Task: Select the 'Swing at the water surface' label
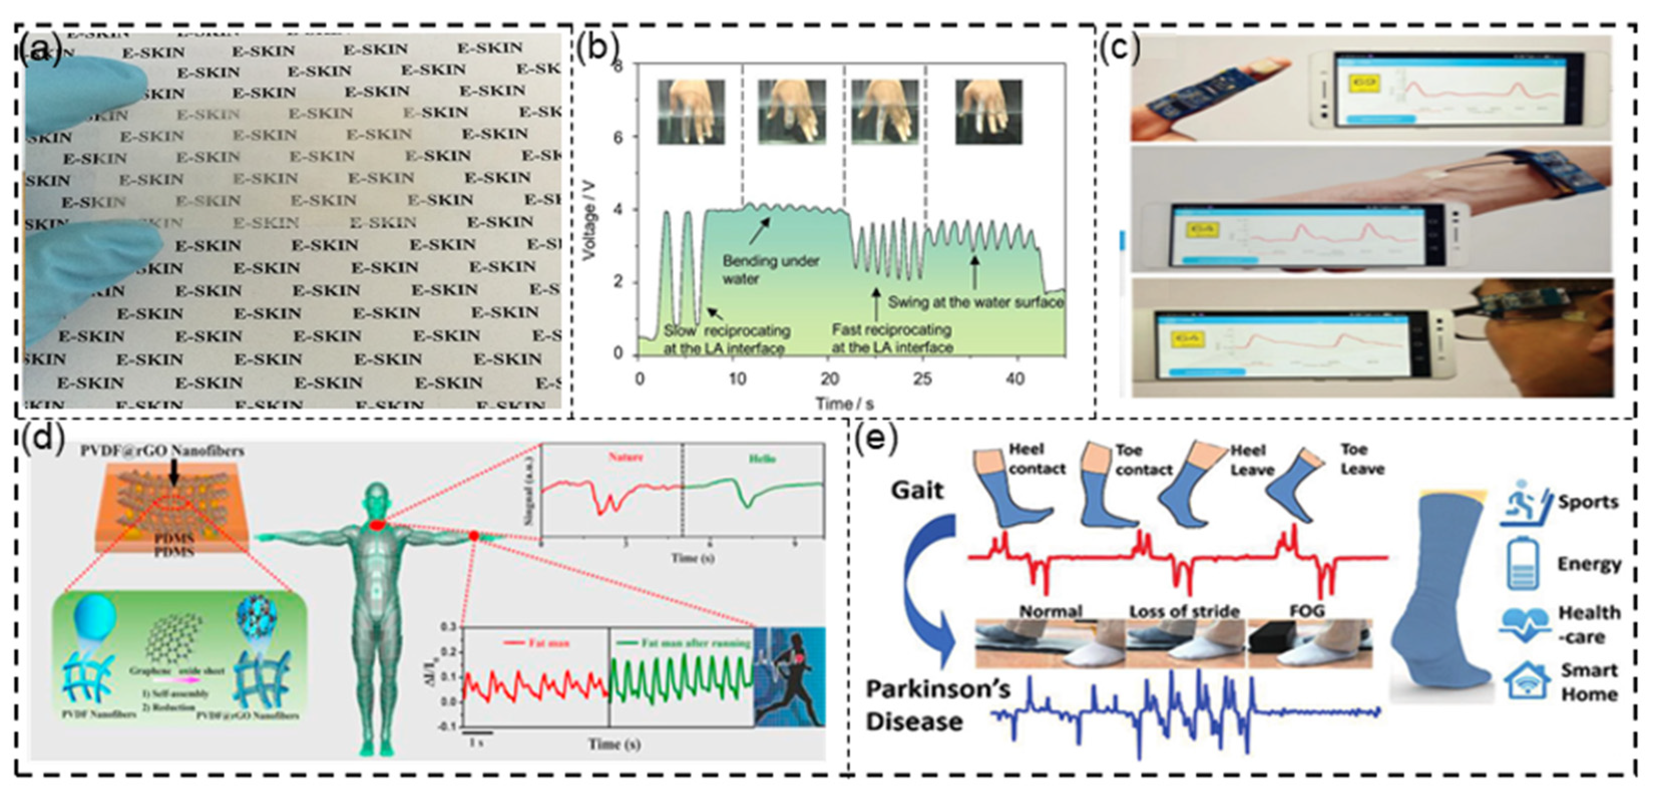[975, 302]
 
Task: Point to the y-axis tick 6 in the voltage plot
[617, 137]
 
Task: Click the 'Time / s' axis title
[845, 403]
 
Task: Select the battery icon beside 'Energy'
[1522, 564]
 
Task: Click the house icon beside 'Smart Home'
[1525, 681]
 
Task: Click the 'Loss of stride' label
[1184, 611]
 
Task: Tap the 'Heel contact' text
[1036, 459]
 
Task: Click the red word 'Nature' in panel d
[625, 458]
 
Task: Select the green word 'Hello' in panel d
[762, 459]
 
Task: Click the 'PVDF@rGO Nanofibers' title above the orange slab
[162, 451]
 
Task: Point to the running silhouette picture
[790, 677]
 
